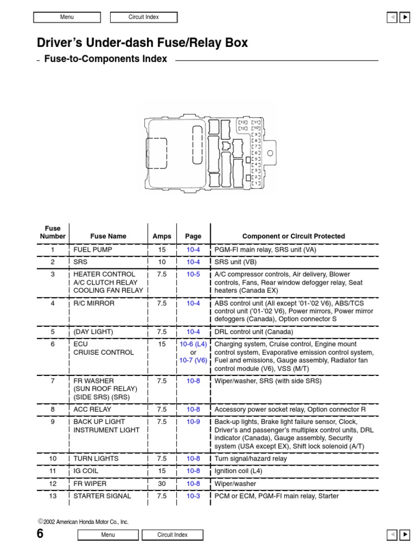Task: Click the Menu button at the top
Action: tap(67, 17)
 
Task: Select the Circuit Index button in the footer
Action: tap(172, 535)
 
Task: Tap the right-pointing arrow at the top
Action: tap(405, 17)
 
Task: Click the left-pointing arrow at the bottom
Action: tap(392, 535)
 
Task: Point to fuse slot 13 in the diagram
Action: tap(243, 123)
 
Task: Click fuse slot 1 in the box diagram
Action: tap(257, 184)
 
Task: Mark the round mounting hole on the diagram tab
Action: tap(270, 153)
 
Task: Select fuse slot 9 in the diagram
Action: tap(257, 134)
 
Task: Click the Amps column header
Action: tap(162, 236)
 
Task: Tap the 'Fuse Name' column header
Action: tap(108, 236)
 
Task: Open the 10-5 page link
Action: tap(193, 274)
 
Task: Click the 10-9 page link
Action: tap(193, 422)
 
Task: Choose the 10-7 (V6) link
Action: tap(193, 361)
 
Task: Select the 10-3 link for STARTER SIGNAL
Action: tap(193, 496)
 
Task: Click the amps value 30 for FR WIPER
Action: tap(162, 484)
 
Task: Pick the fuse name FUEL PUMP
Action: tap(90, 250)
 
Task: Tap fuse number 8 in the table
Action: tap(53, 410)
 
